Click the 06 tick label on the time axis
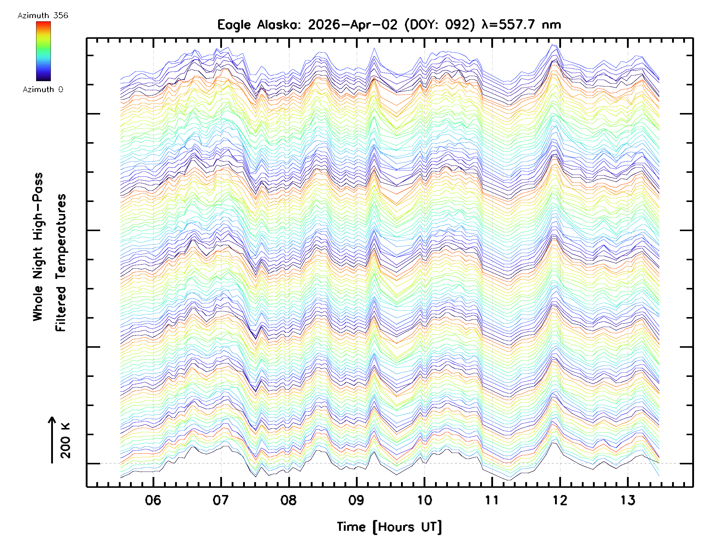(x=153, y=500)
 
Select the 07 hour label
(x=221, y=500)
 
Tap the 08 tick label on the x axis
(x=288, y=500)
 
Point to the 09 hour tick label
(x=356, y=500)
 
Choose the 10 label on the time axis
(x=424, y=500)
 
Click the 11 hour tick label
(x=492, y=500)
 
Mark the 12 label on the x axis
(x=560, y=500)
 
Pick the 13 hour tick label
(x=628, y=500)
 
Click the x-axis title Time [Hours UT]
(x=389, y=527)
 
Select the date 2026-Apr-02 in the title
(x=353, y=25)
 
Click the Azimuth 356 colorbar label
(x=43, y=16)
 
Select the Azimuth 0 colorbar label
(x=43, y=89)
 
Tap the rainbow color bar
(x=43, y=51)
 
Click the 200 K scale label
(x=65, y=441)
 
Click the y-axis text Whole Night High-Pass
(x=38, y=247)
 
